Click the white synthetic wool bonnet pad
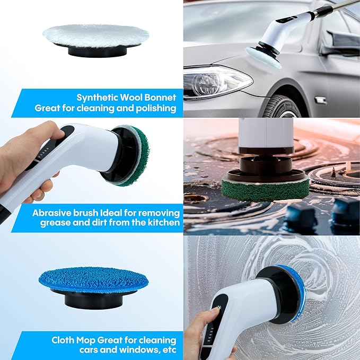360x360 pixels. click(95, 36)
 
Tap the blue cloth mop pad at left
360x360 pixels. click(93, 278)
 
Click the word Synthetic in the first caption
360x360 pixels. click(97, 98)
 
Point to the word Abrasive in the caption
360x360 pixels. click(51, 212)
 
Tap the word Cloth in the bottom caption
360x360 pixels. click(64, 339)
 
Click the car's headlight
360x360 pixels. click(215, 82)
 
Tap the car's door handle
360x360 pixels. click(321, 99)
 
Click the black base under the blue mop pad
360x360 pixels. click(93, 297)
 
